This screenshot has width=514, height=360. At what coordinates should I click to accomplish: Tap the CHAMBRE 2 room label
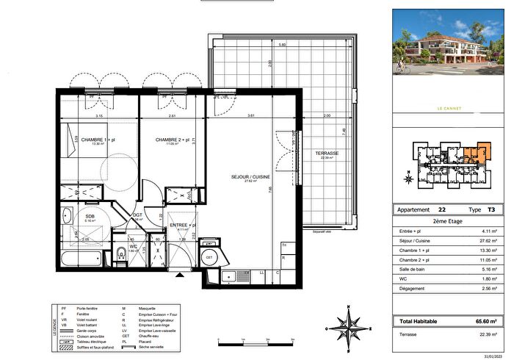coord(171,139)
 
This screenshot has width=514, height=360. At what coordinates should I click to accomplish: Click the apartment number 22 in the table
coord(441,209)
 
